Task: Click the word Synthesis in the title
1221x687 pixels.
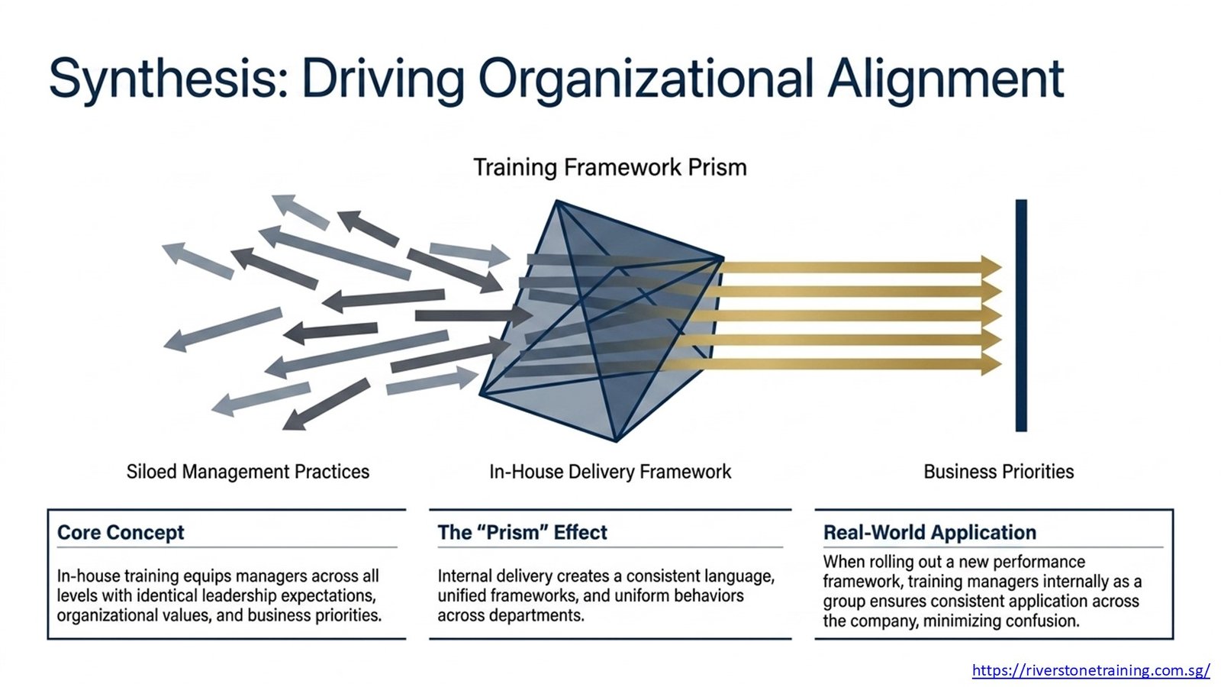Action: [x=169, y=79]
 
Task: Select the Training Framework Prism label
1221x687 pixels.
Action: [x=610, y=167]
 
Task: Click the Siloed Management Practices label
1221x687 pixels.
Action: [x=248, y=472]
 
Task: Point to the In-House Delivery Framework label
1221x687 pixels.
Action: [x=610, y=472]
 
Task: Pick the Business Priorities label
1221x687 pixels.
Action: [x=999, y=472]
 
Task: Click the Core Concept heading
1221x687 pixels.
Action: [x=121, y=532]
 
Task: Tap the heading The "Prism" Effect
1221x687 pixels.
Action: [x=522, y=532]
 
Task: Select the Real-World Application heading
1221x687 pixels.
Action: [x=930, y=532]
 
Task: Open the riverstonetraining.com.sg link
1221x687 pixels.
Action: [x=1091, y=670]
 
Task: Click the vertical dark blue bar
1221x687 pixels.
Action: [x=1021, y=316]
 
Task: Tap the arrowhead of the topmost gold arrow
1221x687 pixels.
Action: [x=992, y=267]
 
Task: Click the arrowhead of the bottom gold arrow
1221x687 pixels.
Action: [x=992, y=364]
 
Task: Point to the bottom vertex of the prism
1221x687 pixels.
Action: [x=616, y=440]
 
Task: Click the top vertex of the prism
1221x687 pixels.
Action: [x=556, y=202]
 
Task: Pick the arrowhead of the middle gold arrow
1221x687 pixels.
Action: [x=992, y=316]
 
